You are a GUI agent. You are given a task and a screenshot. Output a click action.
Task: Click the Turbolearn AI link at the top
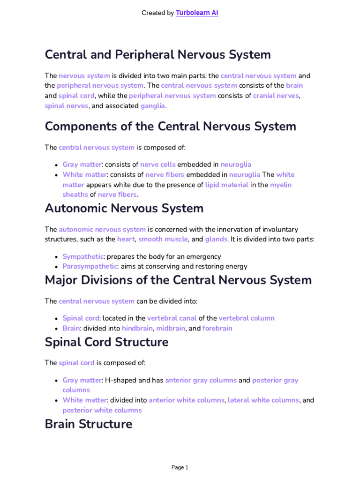[197, 13]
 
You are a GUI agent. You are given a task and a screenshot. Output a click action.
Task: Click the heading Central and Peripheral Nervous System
[157, 54]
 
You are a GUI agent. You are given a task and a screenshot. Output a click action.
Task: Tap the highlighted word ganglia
[153, 106]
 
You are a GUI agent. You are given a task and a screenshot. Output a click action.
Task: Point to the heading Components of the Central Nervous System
[171, 126]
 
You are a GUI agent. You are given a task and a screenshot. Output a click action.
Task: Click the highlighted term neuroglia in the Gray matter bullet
[236, 165]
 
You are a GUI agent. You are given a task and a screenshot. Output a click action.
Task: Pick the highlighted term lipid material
[227, 185]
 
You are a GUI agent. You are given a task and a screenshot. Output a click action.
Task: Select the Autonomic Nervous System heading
[124, 208]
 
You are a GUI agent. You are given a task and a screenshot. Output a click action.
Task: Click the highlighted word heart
[126, 240]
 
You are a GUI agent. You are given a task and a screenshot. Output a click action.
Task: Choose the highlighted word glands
[216, 240]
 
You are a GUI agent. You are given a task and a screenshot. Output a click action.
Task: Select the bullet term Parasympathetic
[90, 267]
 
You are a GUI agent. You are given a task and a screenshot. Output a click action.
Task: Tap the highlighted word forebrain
[217, 328]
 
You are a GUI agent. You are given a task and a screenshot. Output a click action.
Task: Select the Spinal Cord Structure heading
[106, 342]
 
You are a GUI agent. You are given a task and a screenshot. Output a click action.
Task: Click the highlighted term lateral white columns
[263, 400]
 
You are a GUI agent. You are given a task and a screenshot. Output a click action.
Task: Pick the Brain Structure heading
[88, 424]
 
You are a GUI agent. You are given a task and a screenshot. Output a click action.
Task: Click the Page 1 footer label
[180, 467]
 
